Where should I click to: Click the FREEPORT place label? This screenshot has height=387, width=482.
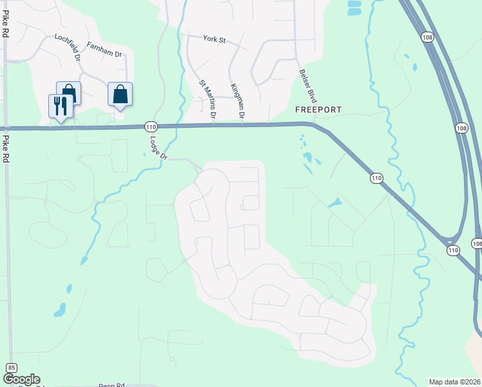coord(318,110)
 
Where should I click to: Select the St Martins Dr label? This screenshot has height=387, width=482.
coord(207,99)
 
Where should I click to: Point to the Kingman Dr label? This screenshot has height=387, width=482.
coord(236,101)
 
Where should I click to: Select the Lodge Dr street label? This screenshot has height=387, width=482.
coord(156,147)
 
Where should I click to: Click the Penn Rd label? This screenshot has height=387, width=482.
coord(111,384)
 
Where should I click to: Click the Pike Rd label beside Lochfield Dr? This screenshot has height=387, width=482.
coord(5,25)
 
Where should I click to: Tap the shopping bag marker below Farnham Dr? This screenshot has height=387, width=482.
coord(120,94)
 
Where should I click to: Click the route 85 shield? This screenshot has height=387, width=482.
coord(11,367)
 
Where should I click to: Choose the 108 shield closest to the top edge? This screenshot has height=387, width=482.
coord(427,38)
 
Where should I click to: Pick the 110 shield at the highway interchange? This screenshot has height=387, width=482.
coord(453,250)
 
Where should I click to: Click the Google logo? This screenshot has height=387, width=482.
coord(21,379)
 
